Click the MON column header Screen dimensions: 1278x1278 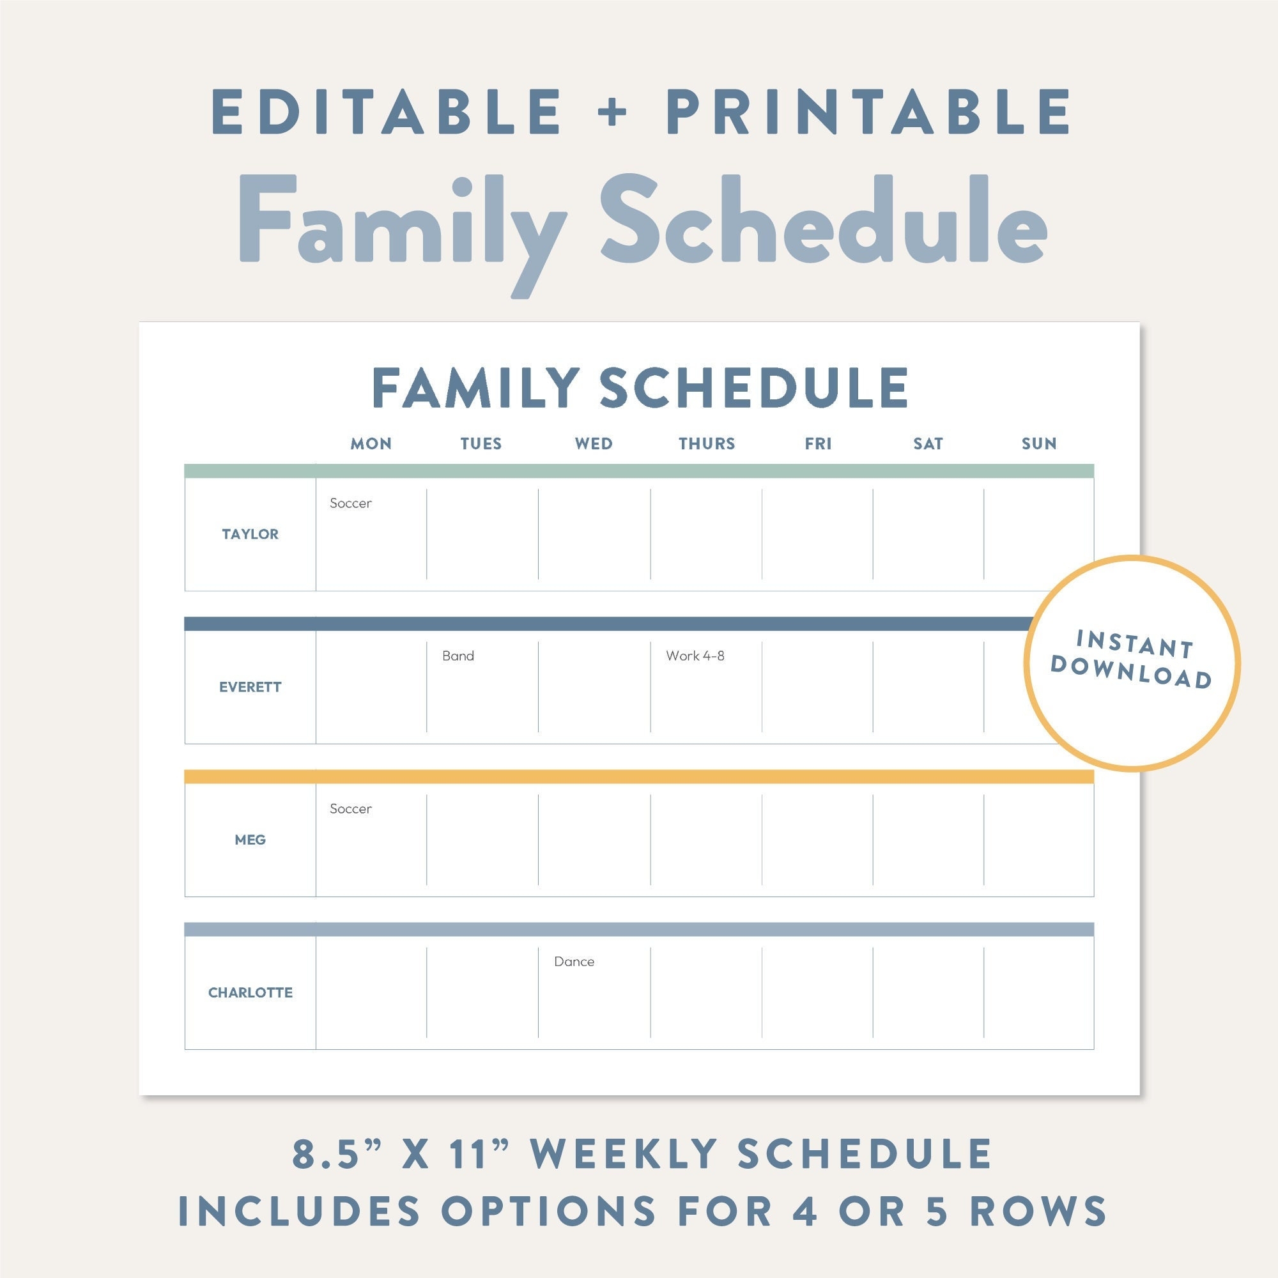tap(371, 443)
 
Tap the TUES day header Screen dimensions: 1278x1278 tap(481, 443)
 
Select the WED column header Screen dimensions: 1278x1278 tap(594, 443)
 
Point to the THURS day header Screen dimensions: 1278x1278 tap(707, 443)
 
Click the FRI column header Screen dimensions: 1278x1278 tap(818, 443)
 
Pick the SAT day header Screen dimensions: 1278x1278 tap(927, 443)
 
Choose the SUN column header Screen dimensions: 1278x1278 tap(1038, 443)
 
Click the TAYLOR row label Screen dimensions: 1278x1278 tap(250, 534)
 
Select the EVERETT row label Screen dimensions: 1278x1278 tap(250, 687)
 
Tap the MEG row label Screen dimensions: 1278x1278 tap(250, 840)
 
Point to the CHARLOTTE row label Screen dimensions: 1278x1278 tap(250, 992)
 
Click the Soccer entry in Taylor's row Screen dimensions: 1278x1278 tap(351, 504)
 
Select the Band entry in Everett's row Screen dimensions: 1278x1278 tap(458, 656)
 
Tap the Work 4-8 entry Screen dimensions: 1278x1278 tap(695, 656)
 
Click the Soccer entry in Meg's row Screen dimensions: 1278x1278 tap(351, 809)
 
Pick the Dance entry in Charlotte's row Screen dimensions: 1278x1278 tap(574, 962)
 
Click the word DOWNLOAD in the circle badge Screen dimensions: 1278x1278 tap(1131, 672)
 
